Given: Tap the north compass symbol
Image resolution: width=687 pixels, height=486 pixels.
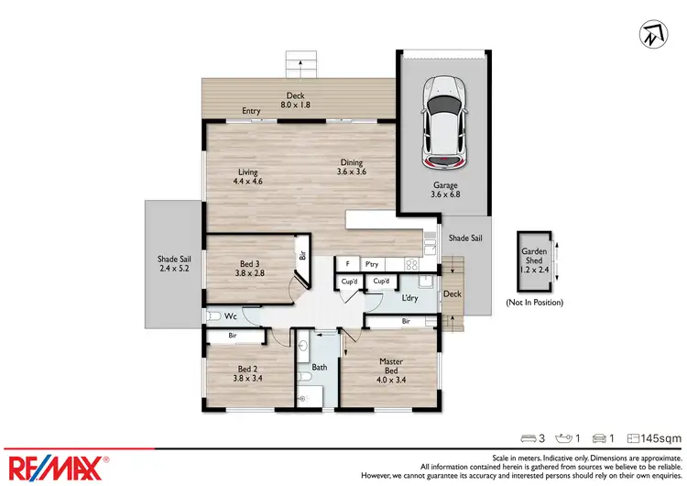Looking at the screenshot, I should [x=650, y=37].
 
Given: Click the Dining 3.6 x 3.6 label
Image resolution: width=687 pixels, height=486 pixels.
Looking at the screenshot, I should [x=353, y=168].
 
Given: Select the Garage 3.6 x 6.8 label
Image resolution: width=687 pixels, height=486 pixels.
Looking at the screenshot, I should [x=446, y=189].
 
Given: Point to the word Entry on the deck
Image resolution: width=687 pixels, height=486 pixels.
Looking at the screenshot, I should [x=251, y=112].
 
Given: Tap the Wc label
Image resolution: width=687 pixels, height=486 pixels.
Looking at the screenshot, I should [x=231, y=316].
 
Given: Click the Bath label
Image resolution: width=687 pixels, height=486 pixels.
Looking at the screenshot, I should [x=320, y=367].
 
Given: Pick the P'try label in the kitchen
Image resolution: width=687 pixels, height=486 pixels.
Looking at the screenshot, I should [x=372, y=263].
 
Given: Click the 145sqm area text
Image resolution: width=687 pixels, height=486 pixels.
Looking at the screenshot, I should [x=660, y=439].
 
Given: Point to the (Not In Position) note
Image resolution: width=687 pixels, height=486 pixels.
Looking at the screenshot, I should [x=534, y=302].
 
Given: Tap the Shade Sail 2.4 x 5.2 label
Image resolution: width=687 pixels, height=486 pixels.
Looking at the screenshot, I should [x=172, y=264].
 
